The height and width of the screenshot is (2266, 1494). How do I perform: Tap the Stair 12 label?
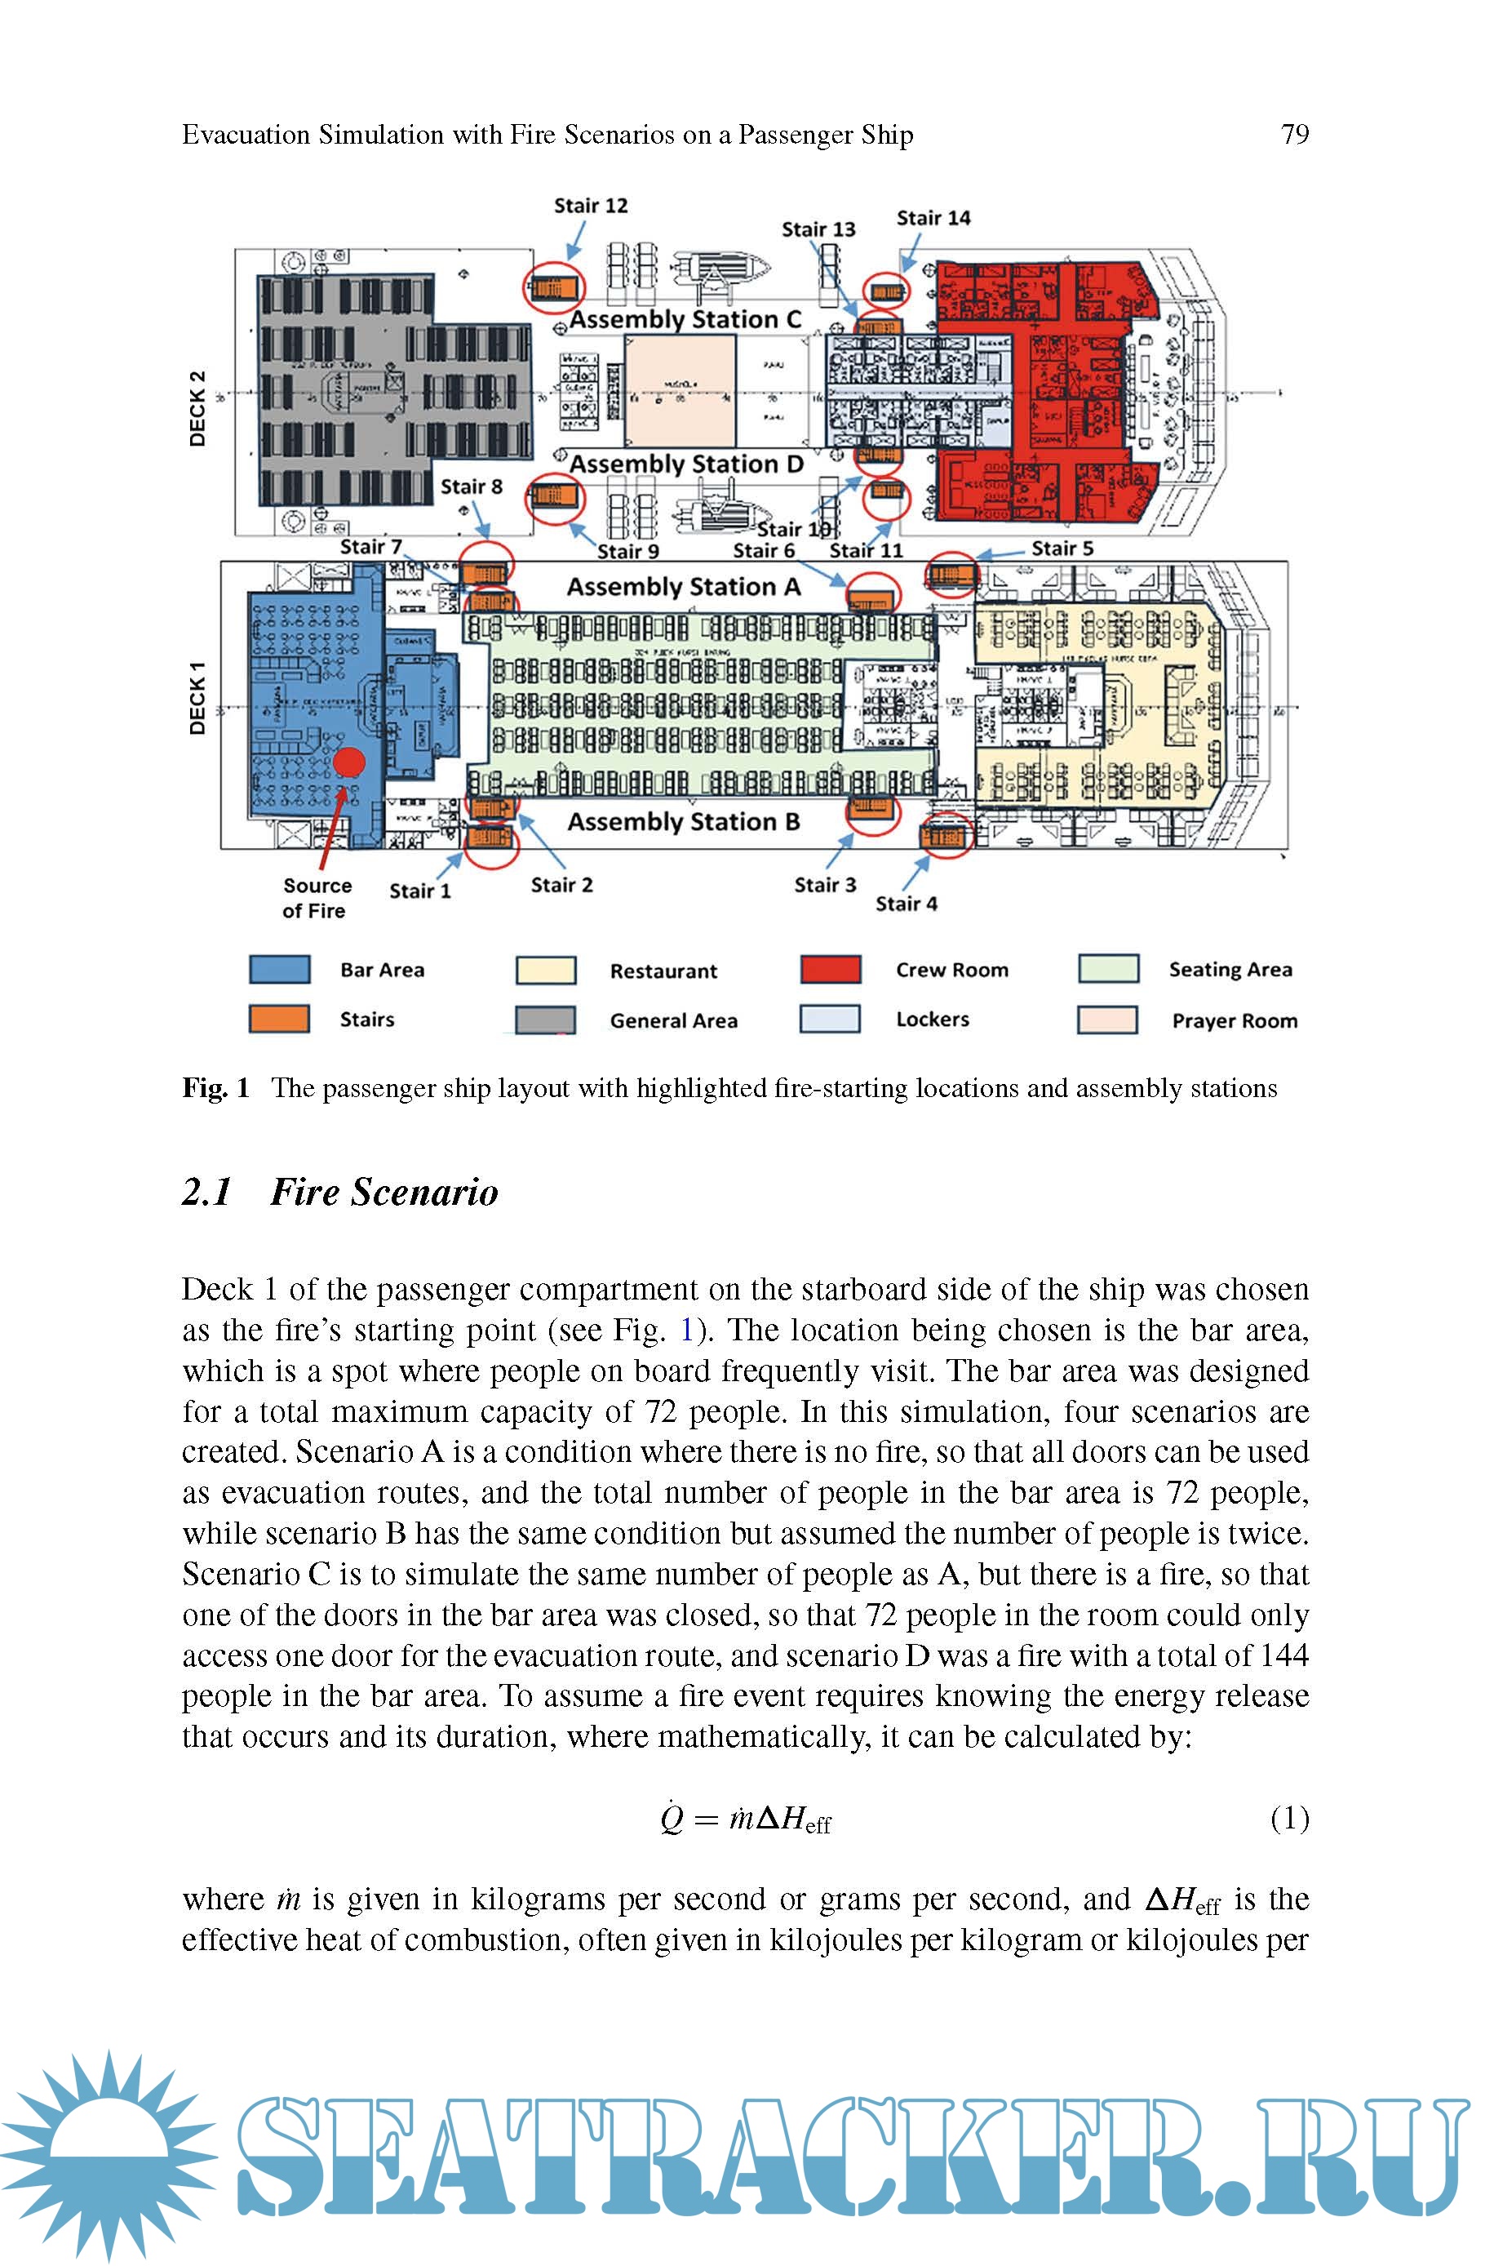(x=591, y=206)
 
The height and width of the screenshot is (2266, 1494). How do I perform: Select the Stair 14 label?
(x=933, y=218)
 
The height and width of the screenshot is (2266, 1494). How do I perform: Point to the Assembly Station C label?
(x=685, y=320)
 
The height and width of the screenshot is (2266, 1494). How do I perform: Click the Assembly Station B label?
(x=683, y=822)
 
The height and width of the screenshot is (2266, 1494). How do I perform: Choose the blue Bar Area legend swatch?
(x=279, y=969)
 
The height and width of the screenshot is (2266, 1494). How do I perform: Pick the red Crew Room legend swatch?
(x=831, y=969)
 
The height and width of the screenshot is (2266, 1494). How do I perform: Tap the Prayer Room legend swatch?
(x=1107, y=1020)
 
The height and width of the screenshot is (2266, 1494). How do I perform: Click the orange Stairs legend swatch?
(x=279, y=1019)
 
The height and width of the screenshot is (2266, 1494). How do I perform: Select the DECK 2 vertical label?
(x=197, y=409)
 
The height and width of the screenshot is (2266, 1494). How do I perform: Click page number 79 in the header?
(x=1295, y=135)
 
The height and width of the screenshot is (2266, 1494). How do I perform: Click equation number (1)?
(x=1289, y=1818)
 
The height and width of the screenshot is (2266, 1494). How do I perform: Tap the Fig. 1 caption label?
(x=216, y=1088)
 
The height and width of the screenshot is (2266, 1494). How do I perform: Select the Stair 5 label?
(x=1062, y=549)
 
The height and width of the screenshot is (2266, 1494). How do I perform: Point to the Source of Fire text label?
(x=317, y=898)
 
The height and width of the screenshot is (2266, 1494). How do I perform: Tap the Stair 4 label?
(x=907, y=904)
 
